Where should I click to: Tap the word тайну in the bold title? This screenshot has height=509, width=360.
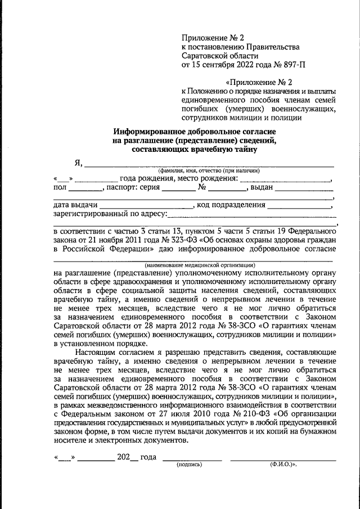[x=244, y=149]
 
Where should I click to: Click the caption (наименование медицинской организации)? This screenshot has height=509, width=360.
[x=200, y=264]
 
